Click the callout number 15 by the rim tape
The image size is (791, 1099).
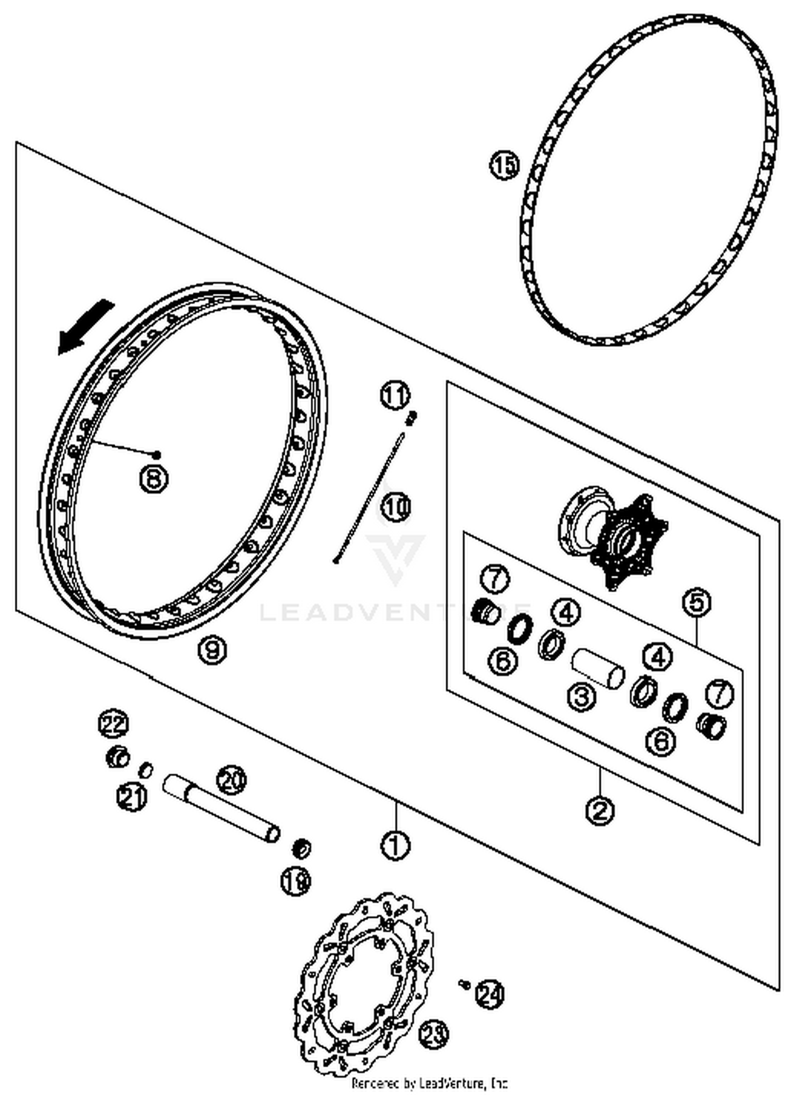point(504,165)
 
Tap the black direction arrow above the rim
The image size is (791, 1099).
point(84,327)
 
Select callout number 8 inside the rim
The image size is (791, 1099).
point(153,479)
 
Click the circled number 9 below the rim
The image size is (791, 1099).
point(212,650)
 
